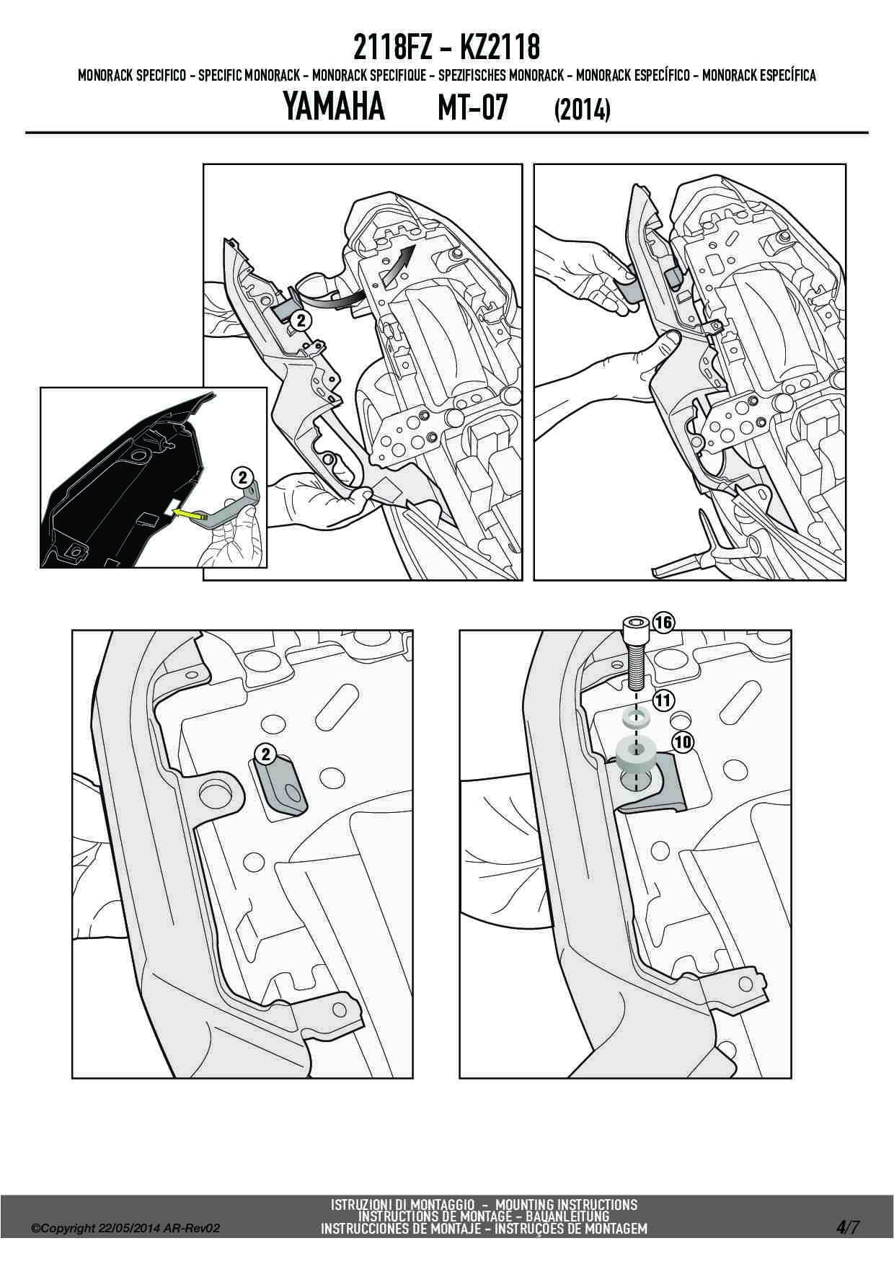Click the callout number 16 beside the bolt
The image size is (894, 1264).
pos(663,623)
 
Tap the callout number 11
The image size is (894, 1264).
pos(663,699)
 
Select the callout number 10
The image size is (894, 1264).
pos(682,742)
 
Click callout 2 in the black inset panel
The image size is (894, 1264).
pos(242,477)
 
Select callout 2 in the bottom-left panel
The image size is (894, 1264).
pos(266,755)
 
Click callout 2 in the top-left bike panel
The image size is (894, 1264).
pos(301,321)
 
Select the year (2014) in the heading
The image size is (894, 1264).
pos(582,110)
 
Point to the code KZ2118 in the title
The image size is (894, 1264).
pos(498,48)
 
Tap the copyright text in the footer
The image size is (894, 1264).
pos(125,1229)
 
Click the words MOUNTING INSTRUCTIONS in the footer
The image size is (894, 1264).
pos(567,1204)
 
